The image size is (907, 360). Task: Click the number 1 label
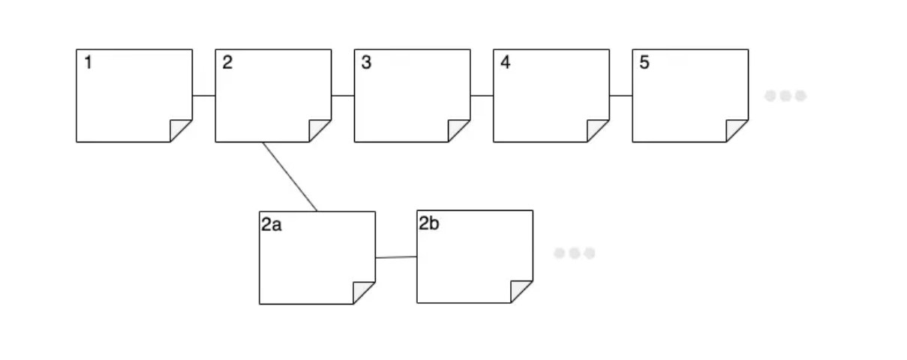89,63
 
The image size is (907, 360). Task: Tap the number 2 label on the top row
227,63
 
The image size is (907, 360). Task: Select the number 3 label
366,63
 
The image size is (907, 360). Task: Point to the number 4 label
505,63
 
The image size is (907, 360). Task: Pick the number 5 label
644,63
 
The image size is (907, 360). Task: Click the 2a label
272,224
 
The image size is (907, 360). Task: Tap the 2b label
429,223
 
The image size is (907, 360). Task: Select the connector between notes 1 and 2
204,96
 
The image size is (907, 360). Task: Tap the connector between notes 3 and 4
482,96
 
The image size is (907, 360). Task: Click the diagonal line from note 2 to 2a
290,177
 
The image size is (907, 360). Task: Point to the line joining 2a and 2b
395,257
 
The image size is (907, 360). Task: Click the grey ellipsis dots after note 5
785,96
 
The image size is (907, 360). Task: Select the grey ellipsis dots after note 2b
575,253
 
